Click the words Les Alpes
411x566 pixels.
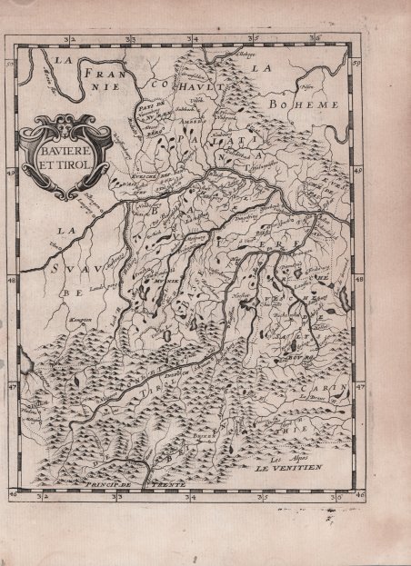pos(295,461)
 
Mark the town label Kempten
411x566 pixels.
pos(80,320)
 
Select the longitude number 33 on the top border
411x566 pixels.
pos(131,40)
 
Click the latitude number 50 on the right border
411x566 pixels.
pos(356,63)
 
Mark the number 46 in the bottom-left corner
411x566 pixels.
pos(13,496)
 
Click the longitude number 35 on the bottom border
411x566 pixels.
pos(264,497)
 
